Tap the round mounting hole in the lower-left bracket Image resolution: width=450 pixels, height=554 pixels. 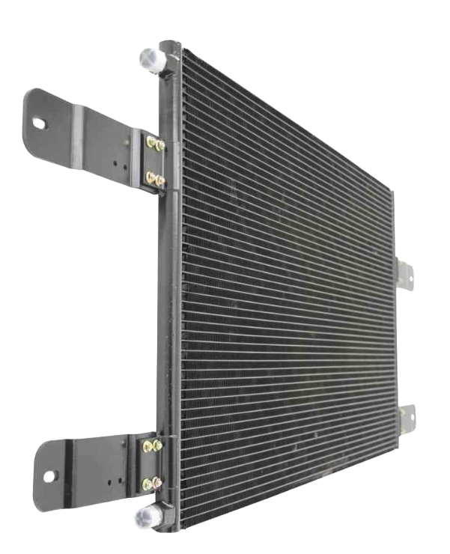[x=50, y=475]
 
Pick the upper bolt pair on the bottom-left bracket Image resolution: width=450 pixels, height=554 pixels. [x=153, y=446]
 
